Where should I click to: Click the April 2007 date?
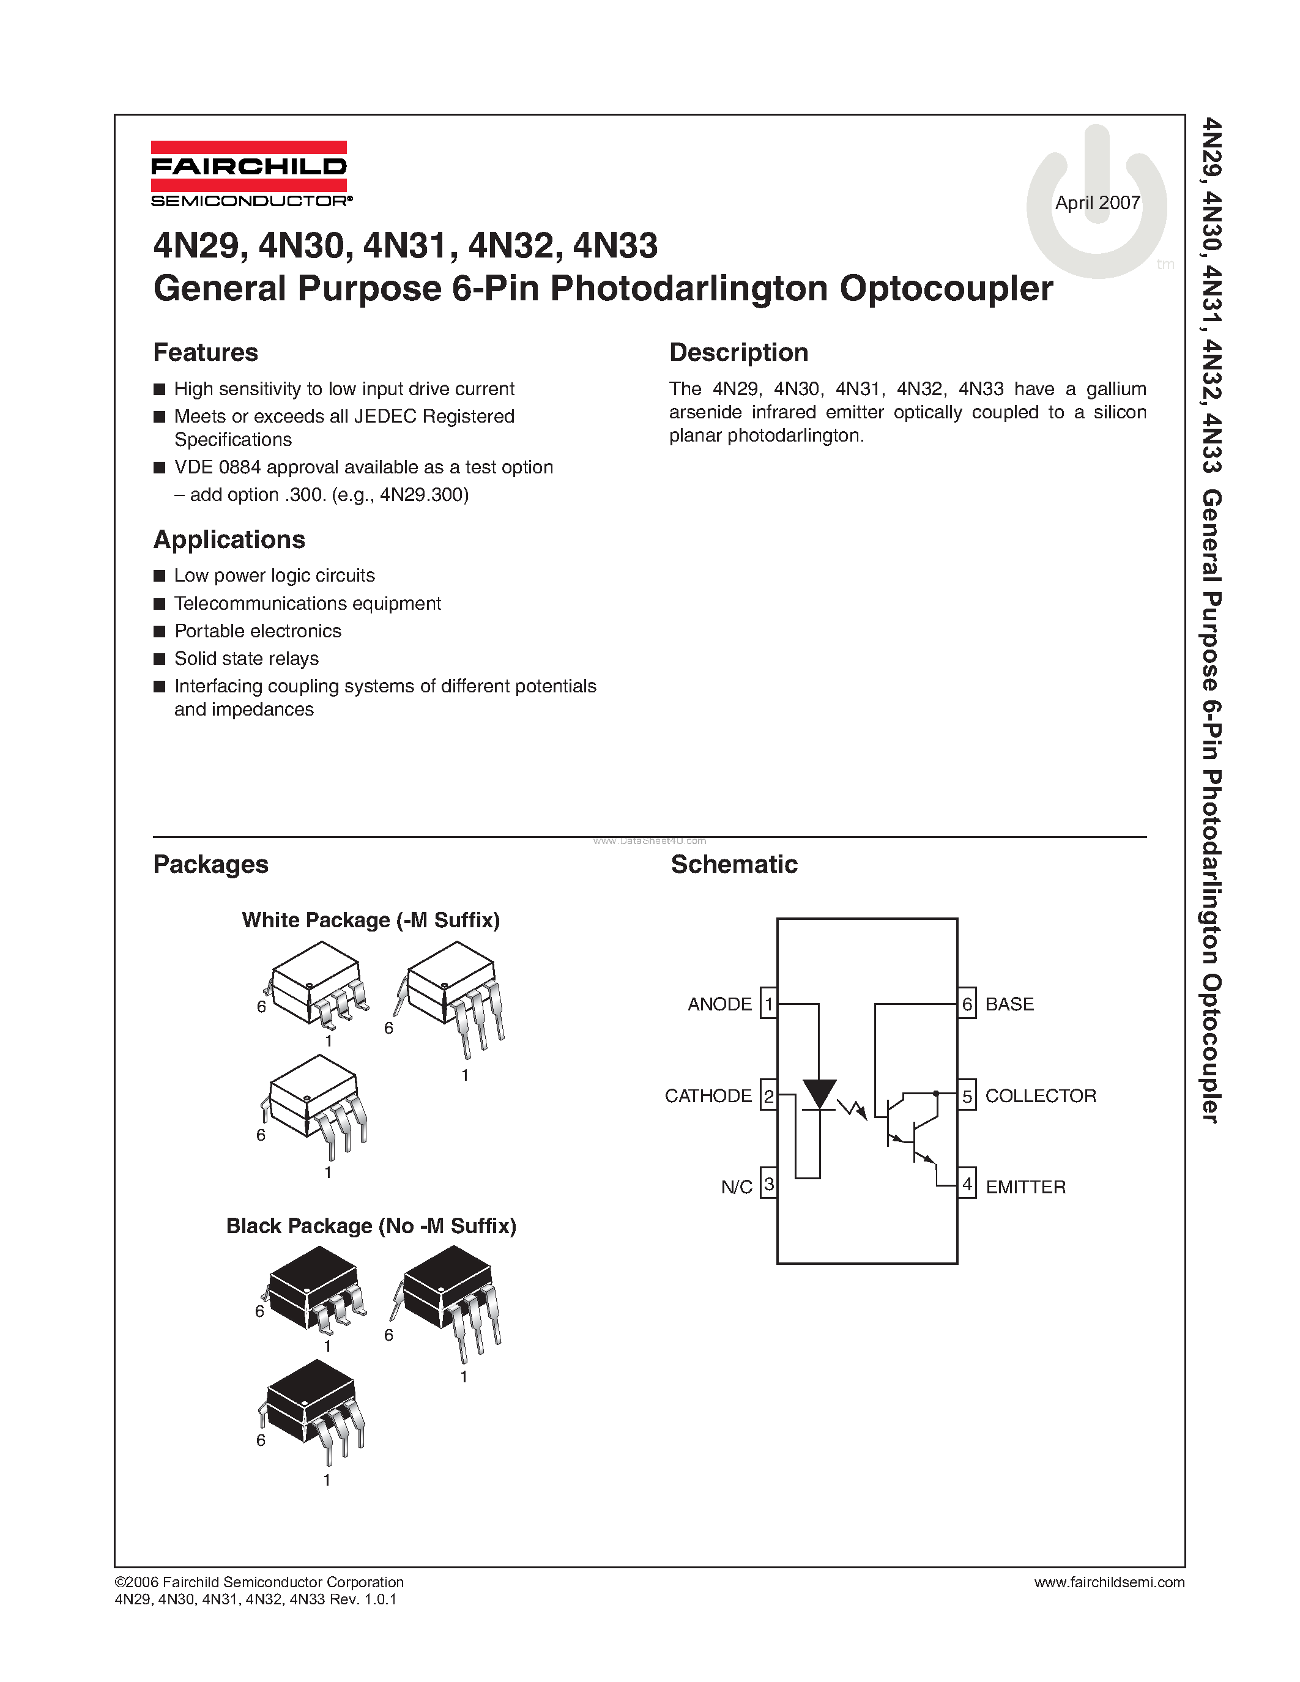pyautogui.click(x=1097, y=202)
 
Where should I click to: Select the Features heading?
pyautogui.click(x=206, y=352)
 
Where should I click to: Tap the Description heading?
pyautogui.click(x=738, y=352)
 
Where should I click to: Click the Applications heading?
pyautogui.click(x=229, y=539)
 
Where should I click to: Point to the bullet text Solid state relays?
pyautogui.click(x=246, y=659)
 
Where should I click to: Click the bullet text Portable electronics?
pyautogui.click(x=257, y=631)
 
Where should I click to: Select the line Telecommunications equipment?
pyautogui.click(x=307, y=603)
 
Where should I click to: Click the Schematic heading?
pyautogui.click(x=734, y=864)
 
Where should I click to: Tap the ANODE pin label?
pyautogui.click(x=719, y=1004)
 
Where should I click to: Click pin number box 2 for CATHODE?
pyautogui.click(x=768, y=1095)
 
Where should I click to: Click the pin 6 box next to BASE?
pyautogui.click(x=967, y=1004)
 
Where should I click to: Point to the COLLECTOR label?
pyautogui.click(x=1041, y=1095)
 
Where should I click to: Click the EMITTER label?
pyautogui.click(x=1026, y=1187)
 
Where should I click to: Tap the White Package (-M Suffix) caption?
pyautogui.click(x=371, y=921)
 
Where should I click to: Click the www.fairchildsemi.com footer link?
pyautogui.click(x=1109, y=1582)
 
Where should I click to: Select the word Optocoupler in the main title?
pyautogui.click(x=946, y=289)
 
